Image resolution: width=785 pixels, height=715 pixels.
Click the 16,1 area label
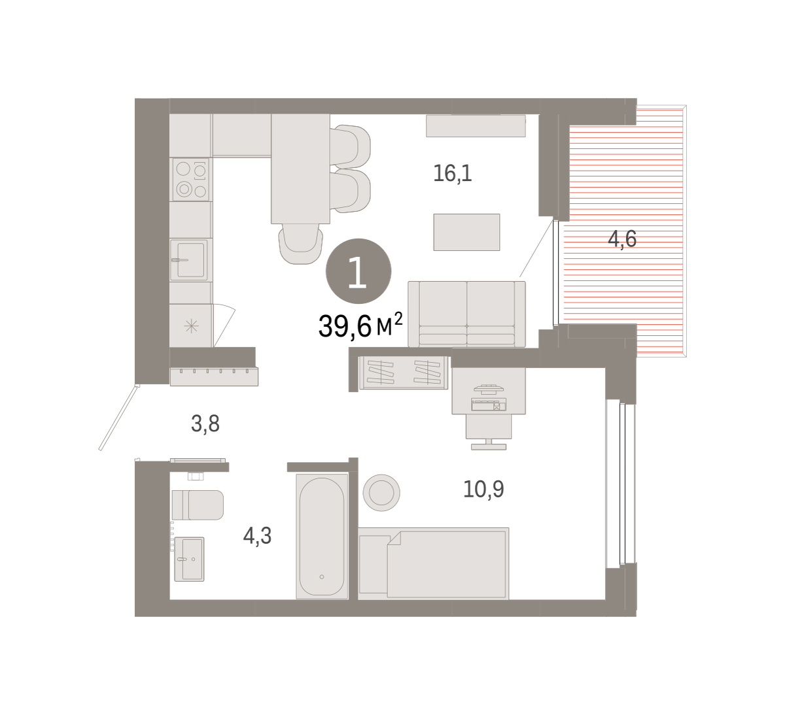[453, 173]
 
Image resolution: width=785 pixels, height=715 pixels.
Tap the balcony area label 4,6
[622, 239]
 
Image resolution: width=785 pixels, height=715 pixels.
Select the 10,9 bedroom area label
[483, 490]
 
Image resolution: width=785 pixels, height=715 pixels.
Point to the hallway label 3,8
[205, 424]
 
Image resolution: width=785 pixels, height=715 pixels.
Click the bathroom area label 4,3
[257, 536]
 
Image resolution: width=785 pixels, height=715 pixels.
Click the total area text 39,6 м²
[360, 326]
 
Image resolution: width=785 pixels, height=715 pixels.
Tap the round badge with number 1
[358, 271]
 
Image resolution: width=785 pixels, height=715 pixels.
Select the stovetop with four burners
[191, 180]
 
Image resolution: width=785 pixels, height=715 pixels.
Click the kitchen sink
[188, 259]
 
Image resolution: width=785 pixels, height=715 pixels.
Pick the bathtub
[322, 537]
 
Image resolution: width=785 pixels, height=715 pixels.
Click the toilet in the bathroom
[198, 505]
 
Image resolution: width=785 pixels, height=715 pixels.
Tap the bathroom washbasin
[189, 559]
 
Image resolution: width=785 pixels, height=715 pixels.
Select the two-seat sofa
[466, 314]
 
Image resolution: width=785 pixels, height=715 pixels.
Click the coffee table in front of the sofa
[466, 232]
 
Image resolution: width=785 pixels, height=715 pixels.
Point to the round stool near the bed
[381, 493]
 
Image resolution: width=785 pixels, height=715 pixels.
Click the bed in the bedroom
[434, 564]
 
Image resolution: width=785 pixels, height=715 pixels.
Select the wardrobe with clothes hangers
[404, 373]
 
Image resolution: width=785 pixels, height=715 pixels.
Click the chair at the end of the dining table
[300, 244]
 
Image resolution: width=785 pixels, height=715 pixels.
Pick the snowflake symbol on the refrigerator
[192, 326]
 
